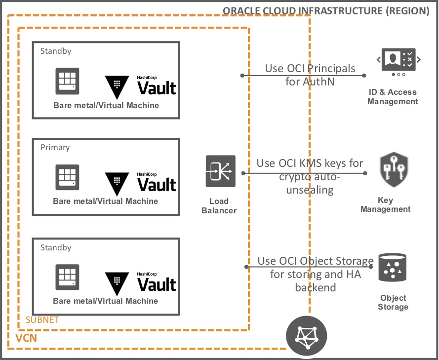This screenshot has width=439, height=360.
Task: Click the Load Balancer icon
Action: point(221,171)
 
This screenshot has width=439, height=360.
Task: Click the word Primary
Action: point(55,147)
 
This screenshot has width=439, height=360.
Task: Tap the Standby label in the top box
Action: point(55,51)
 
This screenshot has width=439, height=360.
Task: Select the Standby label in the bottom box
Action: point(55,247)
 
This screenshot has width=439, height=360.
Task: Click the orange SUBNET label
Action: point(42,320)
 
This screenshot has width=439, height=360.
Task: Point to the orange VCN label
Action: point(26,338)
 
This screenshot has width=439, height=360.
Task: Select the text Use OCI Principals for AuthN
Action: point(310,75)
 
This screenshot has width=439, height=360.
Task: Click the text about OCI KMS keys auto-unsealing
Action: point(310,176)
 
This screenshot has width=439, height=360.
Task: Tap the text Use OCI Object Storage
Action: point(316,261)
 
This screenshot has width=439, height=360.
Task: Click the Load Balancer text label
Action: point(219,205)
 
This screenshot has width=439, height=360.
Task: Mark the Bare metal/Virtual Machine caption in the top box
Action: point(106,105)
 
